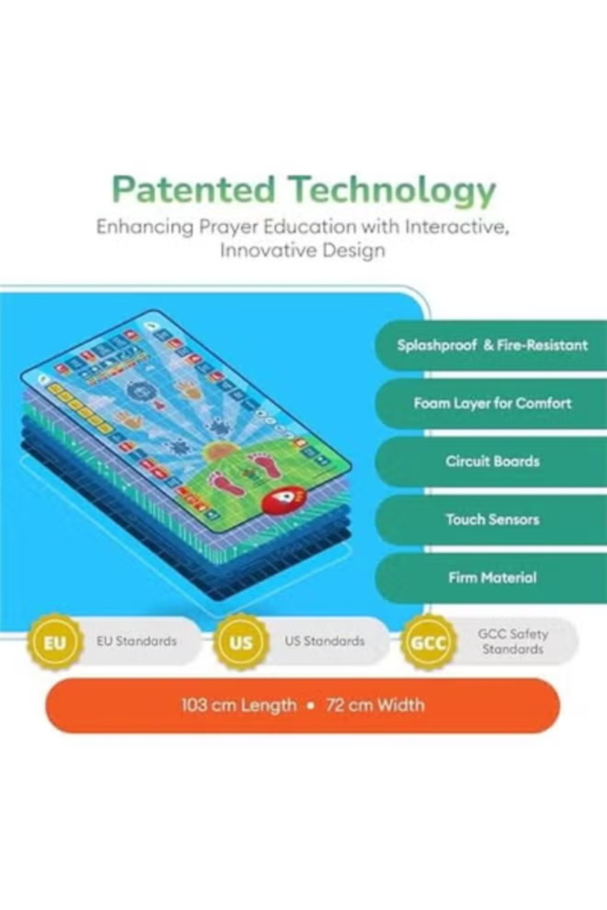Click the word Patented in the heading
pyautogui.click(x=194, y=190)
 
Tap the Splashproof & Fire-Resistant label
pyautogui.click(x=492, y=345)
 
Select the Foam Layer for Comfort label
pyautogui.click(x=492, y=403)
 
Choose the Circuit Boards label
pyautogui.click(x=492, y=461)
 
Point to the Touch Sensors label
pyautogui.click(x=492, y=519)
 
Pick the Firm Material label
pyautogui.click(x=492, y=577)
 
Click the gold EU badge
pyautogui.click(x=55, y=643)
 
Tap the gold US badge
pyautogui.click(x=241, y=643)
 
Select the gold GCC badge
pyautogui.click(x=428, y=643)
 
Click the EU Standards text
pyautogui.click(x=137, y=641)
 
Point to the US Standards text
pyautogui.click(x=324, y=641)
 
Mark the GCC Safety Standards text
pyautogui.click(x=513, y=642)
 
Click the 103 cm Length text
pyautogui.click(x=239, y=705)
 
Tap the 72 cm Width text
pyautogui.click(x=375, y=705)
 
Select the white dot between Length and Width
pyautogui.click(x=311, y=706)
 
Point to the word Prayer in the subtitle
pyautogui.click(x=228, y=227)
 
